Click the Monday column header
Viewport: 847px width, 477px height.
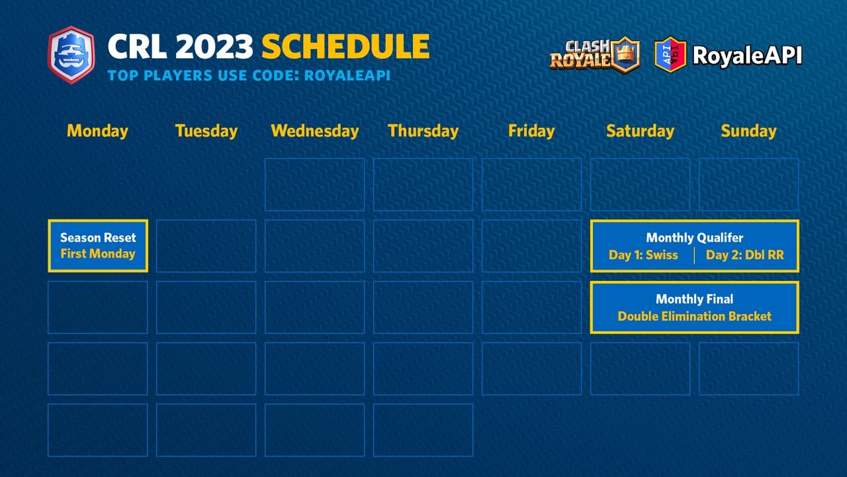(97, 131)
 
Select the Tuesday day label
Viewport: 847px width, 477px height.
(206, 131)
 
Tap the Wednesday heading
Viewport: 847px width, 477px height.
(314, 131)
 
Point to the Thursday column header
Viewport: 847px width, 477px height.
(423, 131)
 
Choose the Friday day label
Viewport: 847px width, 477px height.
(531, 131)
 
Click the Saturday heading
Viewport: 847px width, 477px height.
(640, 131)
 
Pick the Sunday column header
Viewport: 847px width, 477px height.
(748, 131)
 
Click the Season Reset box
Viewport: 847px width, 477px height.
(98, 246)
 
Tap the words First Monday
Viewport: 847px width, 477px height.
(98, 254)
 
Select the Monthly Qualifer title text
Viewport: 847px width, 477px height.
(694, 238)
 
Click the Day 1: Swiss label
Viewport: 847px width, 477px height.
(643, 255)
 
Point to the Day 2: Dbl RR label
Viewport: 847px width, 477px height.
(744, 255)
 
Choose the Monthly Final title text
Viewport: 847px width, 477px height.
(694, 299)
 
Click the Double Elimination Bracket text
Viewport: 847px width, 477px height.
(694, 317)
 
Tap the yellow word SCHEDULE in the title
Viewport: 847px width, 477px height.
(345, 47)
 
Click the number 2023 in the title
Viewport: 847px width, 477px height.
(215, 47)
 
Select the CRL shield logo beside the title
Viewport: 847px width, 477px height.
(71, 54)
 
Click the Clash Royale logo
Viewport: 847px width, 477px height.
(594, 54)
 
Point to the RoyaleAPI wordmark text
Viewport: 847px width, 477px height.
(747, 55)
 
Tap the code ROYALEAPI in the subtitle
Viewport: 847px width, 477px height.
(347, 76)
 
